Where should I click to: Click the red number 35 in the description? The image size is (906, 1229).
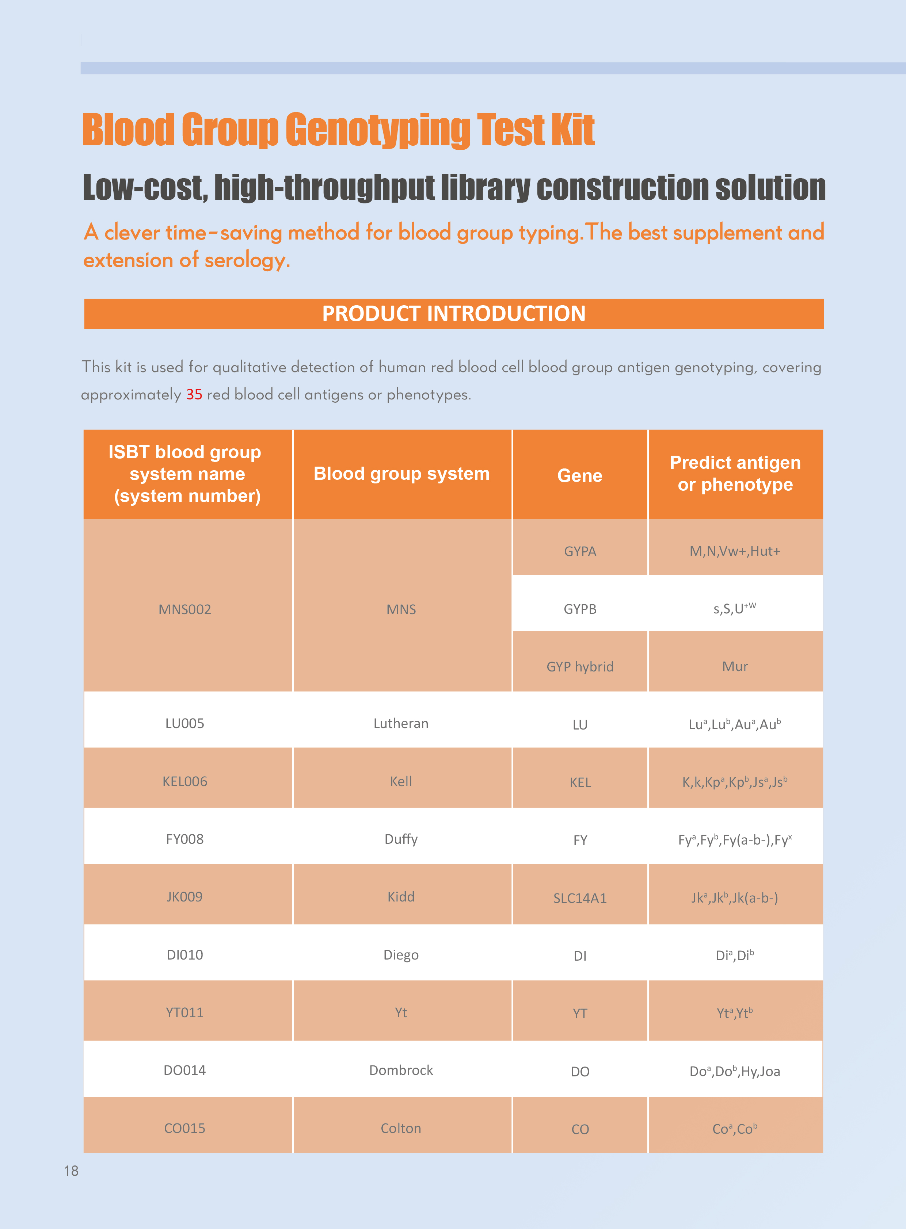[x=194, y=395]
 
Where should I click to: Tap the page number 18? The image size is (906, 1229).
[x=71, y=1171]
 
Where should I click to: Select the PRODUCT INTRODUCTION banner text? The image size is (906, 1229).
[x=454, y=314]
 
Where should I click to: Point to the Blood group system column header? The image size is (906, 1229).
[x=401, y=474]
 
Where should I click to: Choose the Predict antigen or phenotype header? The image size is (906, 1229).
[x=735, y=474]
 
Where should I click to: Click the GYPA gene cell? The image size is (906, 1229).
[x=580, y=551]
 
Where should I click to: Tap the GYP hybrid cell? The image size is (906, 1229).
[x=580, y=667]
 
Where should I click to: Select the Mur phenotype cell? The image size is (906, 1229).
[x=735, y=667]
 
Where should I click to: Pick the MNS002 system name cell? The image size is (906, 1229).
[x=185, y=609]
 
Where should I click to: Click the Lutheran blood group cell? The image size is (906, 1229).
[x=401, y=724]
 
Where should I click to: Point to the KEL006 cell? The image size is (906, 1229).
[x=185, y=782]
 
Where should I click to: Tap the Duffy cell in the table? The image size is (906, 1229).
[x=401, y=839]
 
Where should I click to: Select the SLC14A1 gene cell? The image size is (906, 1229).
[x=580, y=898]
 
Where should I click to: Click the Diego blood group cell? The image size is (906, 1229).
[x=401, y=955]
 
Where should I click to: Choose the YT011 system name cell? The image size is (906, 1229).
[x=185, y=1012]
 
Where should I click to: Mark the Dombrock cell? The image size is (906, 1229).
[x=401, y=1070]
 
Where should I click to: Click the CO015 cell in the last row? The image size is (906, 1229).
[x=185, y=1128]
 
